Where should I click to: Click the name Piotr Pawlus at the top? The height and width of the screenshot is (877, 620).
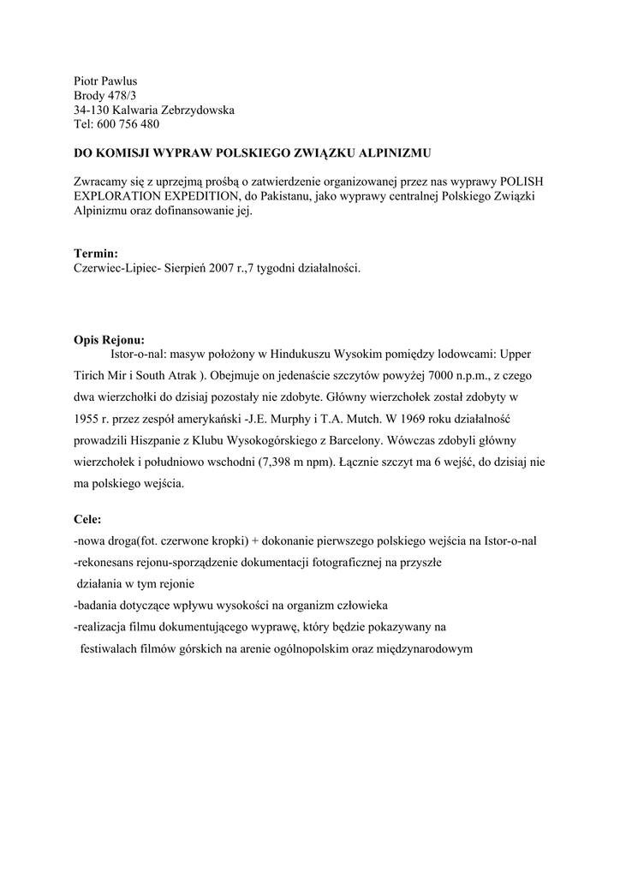105,81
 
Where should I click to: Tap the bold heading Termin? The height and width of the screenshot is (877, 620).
96,254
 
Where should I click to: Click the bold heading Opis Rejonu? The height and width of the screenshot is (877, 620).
109,338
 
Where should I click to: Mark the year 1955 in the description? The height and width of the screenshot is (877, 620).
87,420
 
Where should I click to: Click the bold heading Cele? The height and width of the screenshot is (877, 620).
87,519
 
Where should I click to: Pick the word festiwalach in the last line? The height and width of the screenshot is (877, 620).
108,648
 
